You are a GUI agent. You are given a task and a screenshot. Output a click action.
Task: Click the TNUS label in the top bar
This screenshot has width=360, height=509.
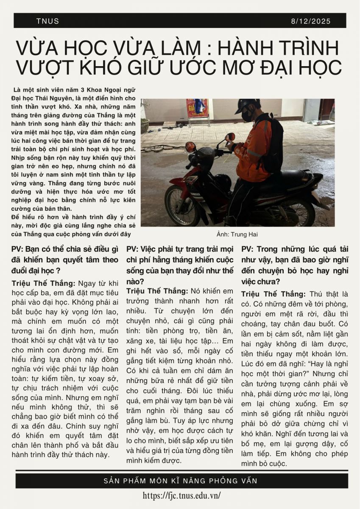click(48, 21)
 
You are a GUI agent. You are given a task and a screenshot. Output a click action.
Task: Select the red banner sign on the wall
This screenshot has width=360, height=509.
click(198, 108)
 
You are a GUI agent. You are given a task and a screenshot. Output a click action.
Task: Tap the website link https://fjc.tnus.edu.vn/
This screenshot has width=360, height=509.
click(182, 495)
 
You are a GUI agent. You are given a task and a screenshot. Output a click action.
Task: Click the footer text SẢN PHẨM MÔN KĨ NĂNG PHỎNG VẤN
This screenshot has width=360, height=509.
click(180, 481)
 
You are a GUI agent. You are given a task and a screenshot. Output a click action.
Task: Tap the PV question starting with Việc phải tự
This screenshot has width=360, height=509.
click(180, 265)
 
